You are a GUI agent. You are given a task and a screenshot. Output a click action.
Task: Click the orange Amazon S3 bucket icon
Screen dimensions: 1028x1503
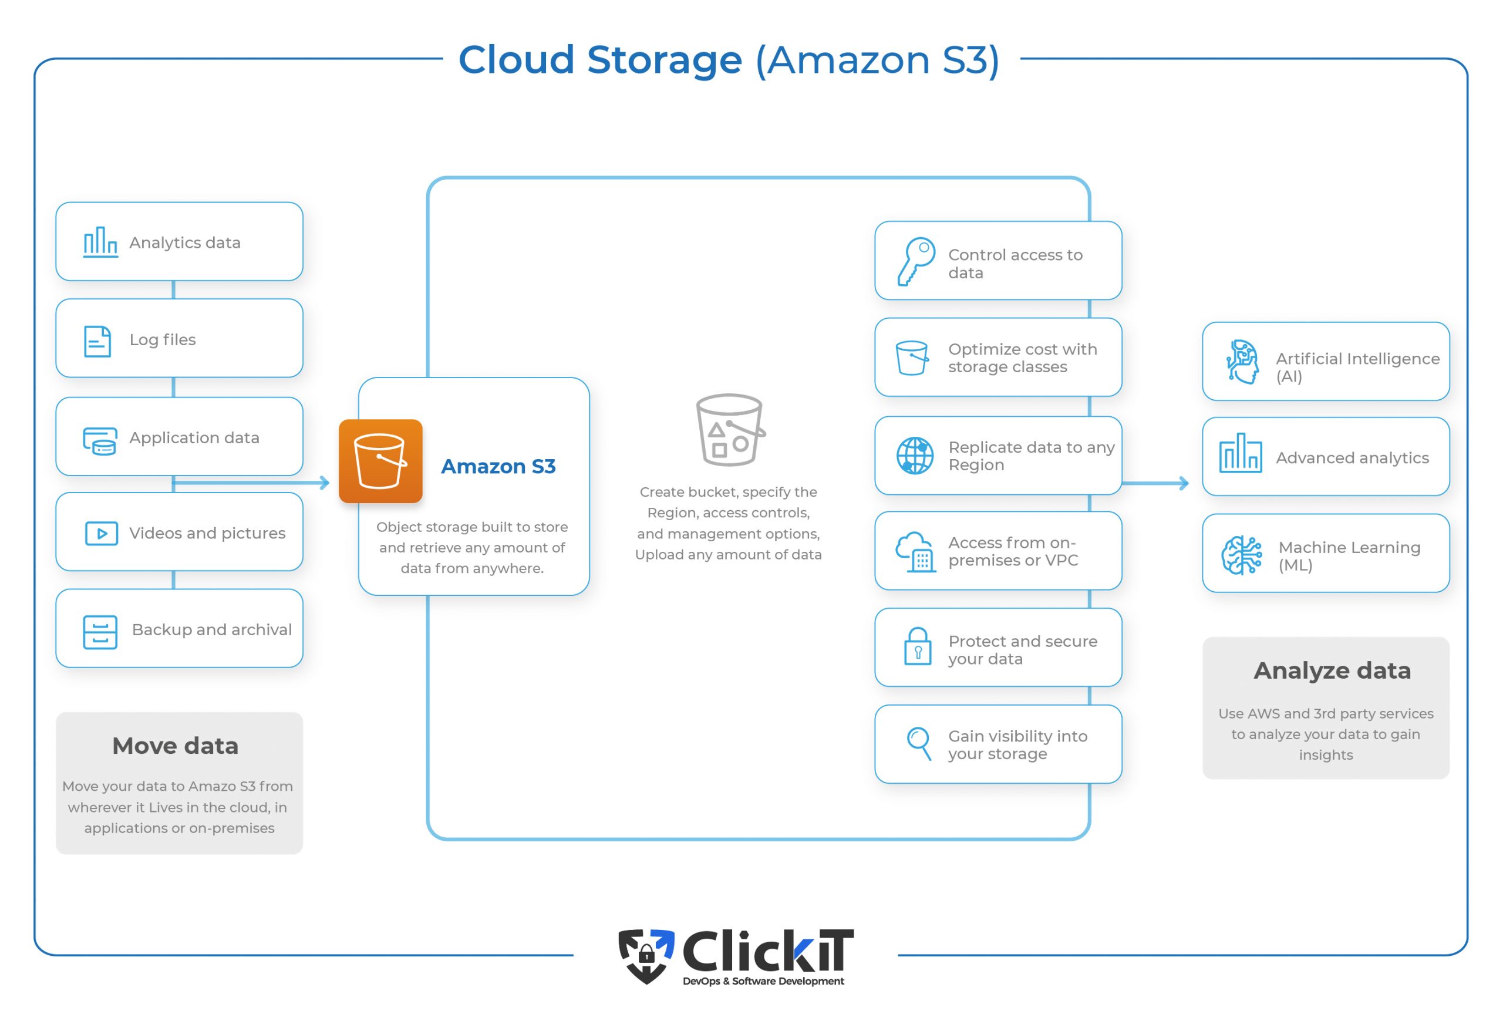pos(380,461)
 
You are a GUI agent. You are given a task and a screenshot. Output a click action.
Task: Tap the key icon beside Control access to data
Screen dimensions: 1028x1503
pos(915,261)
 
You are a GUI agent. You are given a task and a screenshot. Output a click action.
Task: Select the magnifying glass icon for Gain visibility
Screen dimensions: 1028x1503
pos(918,743)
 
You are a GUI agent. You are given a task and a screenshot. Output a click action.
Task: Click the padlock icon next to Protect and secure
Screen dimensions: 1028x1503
pos(917,646)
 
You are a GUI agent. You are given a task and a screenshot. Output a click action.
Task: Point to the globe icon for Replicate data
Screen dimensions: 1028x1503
pos(915,455)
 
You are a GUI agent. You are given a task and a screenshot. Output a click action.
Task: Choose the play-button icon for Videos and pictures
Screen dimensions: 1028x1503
pos(102,534)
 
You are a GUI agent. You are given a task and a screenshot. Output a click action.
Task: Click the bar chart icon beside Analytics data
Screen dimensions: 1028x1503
pos(100,242)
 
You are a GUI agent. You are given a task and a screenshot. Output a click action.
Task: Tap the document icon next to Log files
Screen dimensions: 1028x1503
pos(97,341)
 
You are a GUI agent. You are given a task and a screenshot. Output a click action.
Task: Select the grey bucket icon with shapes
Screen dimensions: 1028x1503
pos(730,430)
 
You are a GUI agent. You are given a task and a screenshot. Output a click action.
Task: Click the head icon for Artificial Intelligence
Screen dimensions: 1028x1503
pos(1242,362)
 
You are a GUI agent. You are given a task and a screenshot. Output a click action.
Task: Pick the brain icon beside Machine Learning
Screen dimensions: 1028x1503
pos(1241,555)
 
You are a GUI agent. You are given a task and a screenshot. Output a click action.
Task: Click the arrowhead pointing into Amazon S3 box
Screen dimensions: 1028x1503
pos(325,483)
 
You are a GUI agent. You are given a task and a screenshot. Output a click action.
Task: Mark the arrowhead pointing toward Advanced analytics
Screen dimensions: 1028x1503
pos(1184,483)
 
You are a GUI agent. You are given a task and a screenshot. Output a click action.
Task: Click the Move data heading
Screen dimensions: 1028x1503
pos(176,746)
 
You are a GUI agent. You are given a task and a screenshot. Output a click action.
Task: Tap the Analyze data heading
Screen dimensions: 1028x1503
pos(1332,670)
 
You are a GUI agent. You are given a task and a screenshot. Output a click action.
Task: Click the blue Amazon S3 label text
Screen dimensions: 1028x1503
pos(498,466)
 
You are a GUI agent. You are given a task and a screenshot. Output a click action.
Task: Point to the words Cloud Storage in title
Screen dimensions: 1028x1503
pos(599,59)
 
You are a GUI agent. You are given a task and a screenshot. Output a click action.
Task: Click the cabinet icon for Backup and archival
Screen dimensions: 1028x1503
pos(100,632)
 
